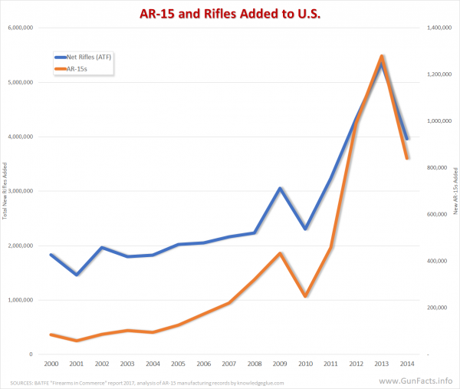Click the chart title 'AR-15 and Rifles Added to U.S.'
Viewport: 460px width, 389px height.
click(229, 13)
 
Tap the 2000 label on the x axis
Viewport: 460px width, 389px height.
click(51, 364)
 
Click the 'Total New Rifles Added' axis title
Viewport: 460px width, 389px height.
click(7, 191)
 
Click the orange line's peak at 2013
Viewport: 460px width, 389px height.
click(381, 56)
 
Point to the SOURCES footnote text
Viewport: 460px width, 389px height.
click(145, 382)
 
